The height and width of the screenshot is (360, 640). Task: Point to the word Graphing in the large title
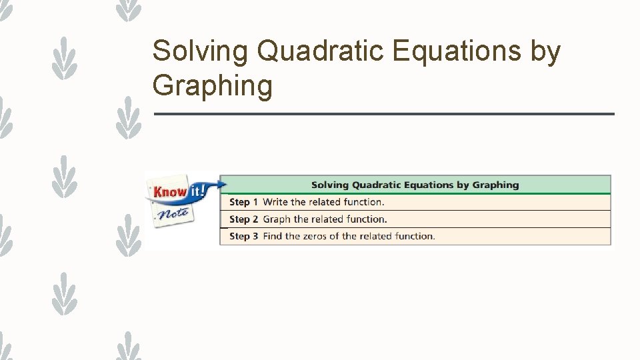pyautogui.click(x=212, y=87)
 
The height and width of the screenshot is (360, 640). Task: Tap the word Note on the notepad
pyautogui.click(x=172, y=214)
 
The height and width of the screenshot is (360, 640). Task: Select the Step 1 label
pyautogui.click(x=243, y=202)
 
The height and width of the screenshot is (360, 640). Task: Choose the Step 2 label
pyautogui.click(x=243, y=219)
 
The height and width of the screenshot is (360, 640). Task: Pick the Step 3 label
pyautogui.click(x=243, y=236)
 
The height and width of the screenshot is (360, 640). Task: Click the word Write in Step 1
pyautogui.click(x=275, y=202)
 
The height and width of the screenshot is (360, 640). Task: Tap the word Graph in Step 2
pyautogui.click(x=277, y=219)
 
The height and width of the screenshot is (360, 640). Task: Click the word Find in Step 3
pyautogui.click(x=273, y=236)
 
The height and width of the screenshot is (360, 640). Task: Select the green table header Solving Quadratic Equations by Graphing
pyautogui.click(x=415, y=185)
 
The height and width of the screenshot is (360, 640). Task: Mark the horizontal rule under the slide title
pyautogui.click(x=383, y=114)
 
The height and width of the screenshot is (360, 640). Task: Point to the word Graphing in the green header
pyautogui.click(x=495, y=185)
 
